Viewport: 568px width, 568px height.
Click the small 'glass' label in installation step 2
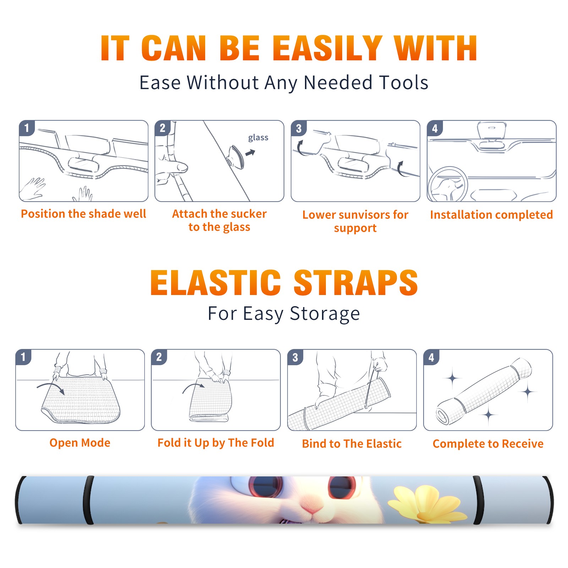(x=258, y=138)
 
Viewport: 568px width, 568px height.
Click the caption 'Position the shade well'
(x=83, y=214)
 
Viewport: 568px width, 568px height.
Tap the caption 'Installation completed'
(x=491, y=215)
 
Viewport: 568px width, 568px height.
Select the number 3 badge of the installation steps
(x=299, y=129)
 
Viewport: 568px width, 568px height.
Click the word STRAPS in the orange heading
(x=356, y=283)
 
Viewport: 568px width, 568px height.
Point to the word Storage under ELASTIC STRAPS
(x=325, y=314)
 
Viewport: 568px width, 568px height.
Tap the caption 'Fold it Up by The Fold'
(x=216, y=443)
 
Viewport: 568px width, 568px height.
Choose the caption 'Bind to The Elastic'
(x=352, y=444)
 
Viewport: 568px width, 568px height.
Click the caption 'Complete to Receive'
(x=488, y=444)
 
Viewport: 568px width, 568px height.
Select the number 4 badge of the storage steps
(x=431, y=357)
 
